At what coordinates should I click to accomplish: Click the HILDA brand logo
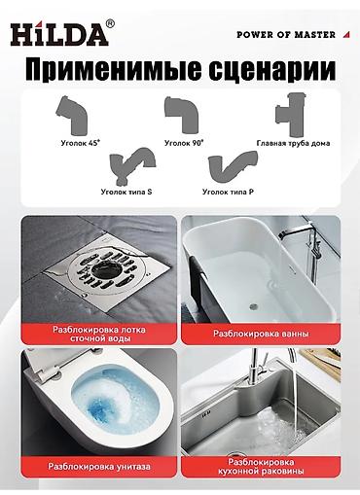click(59, 33)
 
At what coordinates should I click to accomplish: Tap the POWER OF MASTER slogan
click(286, 35)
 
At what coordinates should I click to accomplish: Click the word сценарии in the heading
click(271, 69)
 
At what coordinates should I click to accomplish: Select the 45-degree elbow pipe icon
click(72, 116)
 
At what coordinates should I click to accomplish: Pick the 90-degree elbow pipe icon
click(181, 115)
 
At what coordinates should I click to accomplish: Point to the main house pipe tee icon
click(291, 115)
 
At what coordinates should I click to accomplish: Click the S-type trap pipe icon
click(132, 166)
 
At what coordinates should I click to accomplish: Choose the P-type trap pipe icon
click(233, 168)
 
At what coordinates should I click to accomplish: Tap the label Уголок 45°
click(81, 143)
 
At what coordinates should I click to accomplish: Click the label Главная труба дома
click(293, 143)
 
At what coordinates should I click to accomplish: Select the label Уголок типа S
click(126, 192)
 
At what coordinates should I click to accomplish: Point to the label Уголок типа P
click(228, 192)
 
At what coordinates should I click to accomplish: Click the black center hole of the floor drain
click(103, 268)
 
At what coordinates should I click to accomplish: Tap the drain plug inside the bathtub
click(254, 305)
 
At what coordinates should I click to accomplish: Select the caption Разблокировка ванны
click(261, 334)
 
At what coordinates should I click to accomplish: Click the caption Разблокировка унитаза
click(99, 467)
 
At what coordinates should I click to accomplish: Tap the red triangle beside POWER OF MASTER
click(346, 34)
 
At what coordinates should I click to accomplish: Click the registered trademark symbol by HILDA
click(110, 24)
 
